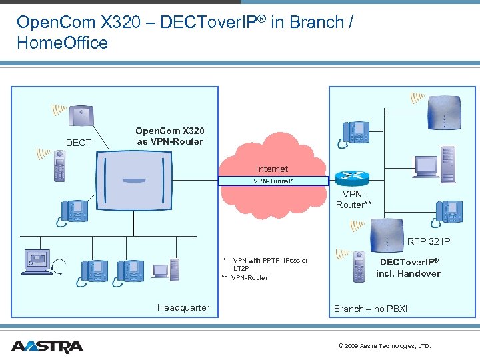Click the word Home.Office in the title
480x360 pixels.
click(63, 43)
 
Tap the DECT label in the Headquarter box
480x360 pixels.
click(79, 143)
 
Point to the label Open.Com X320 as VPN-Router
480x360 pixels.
click(169, 136)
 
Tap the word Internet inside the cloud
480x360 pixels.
click(272, 169)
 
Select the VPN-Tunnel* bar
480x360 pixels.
click(273, 181)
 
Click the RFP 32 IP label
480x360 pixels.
click(429, 241)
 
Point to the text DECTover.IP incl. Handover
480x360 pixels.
click(409, 268)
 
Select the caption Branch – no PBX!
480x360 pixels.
click(371, 309)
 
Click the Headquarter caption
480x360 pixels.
click(183, 307)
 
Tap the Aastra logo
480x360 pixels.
click(47, 346)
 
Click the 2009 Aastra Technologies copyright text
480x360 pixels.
click(385, 346)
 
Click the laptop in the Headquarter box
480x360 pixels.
click(161, 271)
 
